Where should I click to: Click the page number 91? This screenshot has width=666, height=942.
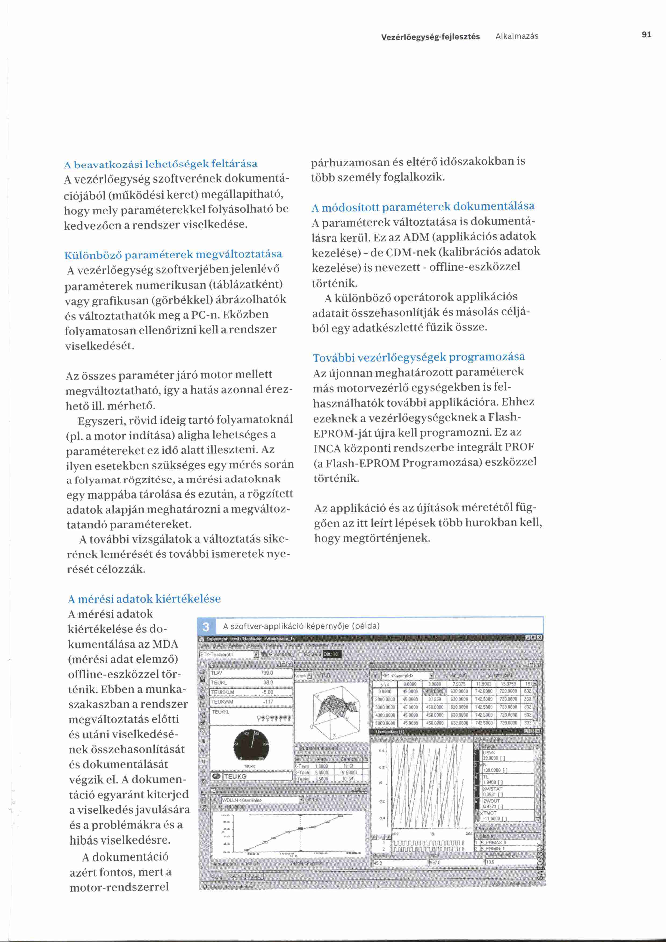coord(646,35)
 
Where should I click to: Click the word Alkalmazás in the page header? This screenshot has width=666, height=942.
coord(517,36)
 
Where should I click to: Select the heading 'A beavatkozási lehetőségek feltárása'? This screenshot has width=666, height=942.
coord(161,164)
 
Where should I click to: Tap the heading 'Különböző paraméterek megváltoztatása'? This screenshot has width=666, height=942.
coord(173,255)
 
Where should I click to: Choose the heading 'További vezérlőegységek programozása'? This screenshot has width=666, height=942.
coord(419,357)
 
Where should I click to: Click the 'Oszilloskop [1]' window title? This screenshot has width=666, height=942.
coord(390,731)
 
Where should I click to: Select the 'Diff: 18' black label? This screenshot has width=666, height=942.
coord(332,654)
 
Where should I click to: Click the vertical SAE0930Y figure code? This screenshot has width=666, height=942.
coord(540,862)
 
